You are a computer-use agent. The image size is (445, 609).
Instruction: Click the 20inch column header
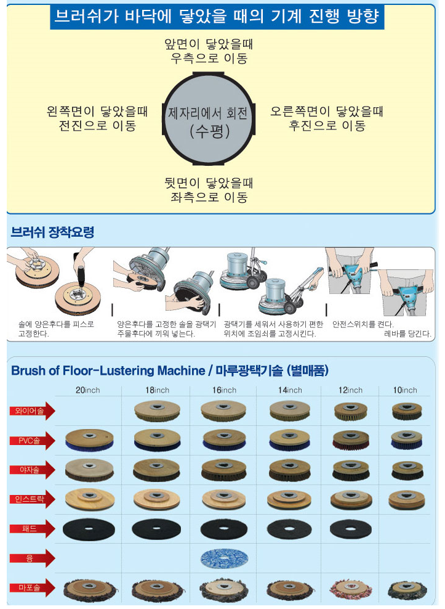coord(87,390)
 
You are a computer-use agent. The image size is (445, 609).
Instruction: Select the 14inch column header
coord(290,390)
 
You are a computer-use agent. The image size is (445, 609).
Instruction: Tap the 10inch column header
coord(405,390)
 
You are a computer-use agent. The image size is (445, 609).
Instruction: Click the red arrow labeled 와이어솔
coord(33,411)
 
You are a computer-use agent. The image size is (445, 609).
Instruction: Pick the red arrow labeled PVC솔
coord(33,441)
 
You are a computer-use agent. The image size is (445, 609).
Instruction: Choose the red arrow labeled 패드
coord(33,529)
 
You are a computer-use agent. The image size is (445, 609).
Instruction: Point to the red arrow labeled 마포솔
coord(33,587)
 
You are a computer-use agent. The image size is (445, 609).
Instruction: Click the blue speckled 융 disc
coord(224,558)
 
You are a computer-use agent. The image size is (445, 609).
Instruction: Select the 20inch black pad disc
coord(89,529)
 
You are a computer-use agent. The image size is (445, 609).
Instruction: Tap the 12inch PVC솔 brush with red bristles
coord(351,440)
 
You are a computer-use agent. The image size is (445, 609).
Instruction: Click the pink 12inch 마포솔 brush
coord(350,589)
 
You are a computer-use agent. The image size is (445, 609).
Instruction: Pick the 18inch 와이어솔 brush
coord(157,411)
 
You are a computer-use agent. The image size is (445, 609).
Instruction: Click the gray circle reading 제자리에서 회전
coord(208,118)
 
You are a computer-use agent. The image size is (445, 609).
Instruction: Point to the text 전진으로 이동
coord(97,126)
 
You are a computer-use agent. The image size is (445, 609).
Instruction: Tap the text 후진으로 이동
coord(327,126)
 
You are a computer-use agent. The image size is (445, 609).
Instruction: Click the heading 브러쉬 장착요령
coord(52,232)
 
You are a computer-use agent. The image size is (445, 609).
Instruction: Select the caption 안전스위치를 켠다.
coord(363,324)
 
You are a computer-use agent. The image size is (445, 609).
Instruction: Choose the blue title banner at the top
coord(217,17)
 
